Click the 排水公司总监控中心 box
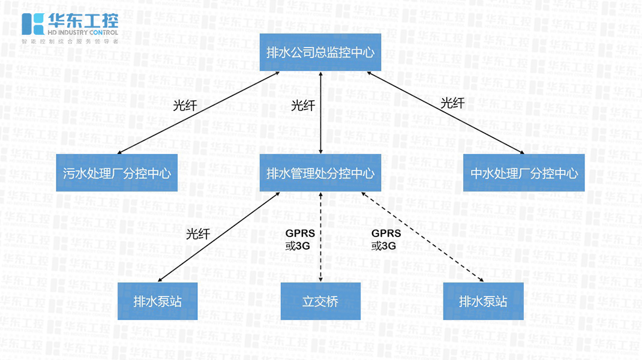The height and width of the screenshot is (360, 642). click(320, 52)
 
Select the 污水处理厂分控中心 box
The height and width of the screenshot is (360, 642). click(117, 173)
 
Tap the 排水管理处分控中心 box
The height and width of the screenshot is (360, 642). click(320, 173)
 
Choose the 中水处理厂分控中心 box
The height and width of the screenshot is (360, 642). click(524, 173)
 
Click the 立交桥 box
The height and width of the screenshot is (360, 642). click(320, 301)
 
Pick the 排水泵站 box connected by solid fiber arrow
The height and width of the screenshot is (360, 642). click(157, 301)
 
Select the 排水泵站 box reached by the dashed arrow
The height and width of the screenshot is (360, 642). click(483, 301)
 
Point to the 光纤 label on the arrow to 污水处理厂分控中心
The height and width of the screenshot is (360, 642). click(185, 106)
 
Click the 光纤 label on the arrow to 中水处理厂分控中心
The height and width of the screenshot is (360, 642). click(452, 103)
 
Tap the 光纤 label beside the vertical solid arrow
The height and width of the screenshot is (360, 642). click(303, 106)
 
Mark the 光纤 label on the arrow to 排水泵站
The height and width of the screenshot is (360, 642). click(198, 233)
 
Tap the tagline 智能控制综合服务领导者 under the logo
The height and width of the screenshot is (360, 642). click(70, 41)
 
